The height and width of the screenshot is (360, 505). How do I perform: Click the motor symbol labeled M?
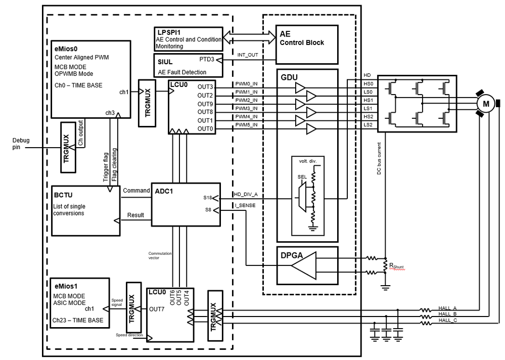click(x=486, y=104)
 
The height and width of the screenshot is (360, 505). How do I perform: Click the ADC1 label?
click(x=164, y=191)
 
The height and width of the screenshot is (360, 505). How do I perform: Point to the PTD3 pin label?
click(x=207, y=59)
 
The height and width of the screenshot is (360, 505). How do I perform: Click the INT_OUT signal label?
click(x=247, y=54)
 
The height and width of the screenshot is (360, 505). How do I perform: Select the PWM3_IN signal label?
click(x=247, y=108)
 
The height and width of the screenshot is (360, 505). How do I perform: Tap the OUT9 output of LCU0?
click(x=205, y=104)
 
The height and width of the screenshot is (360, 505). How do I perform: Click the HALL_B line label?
click(x=448, y=314)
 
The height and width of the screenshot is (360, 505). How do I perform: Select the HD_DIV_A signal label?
click(x=246, y=195)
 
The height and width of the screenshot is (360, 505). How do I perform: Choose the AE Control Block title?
click(x=302, y=39)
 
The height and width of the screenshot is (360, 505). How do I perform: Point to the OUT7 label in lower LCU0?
click(x=156, y=308)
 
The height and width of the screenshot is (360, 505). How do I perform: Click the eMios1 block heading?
click(x=65, y=286)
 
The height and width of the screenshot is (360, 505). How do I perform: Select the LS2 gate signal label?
click(x=368, y=124)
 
